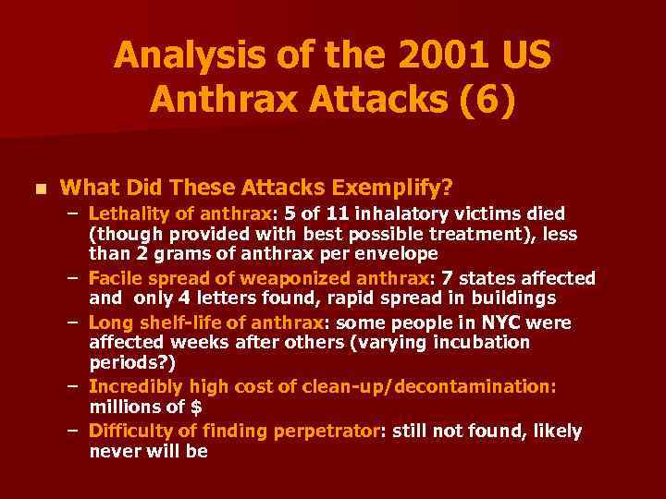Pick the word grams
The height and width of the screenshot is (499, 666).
click(168, 253)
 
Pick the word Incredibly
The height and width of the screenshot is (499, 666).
click(132, 386)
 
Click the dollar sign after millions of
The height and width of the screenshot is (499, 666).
click(197, 407)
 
